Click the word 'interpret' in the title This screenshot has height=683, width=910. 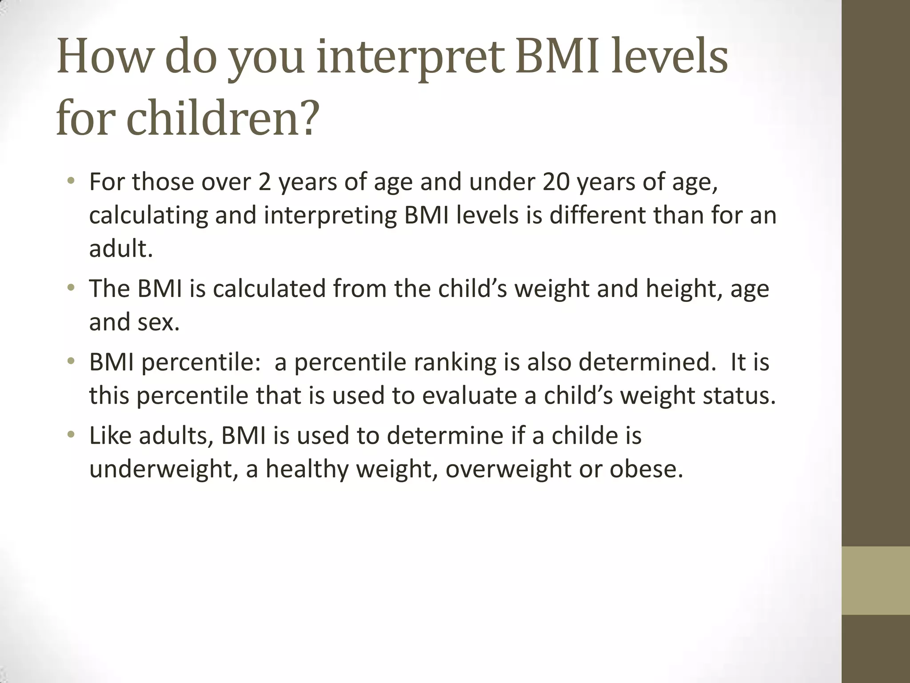(411, 58)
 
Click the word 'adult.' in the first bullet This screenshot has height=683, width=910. (121, 249)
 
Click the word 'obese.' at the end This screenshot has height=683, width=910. (646, 469)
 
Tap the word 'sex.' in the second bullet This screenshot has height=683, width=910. (158, 322)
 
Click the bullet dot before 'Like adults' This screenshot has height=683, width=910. (70, 434)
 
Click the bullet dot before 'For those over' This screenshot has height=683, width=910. (70, 181)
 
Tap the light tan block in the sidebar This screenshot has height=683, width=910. (876, 580)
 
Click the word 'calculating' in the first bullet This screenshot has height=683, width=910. (148, 216)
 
